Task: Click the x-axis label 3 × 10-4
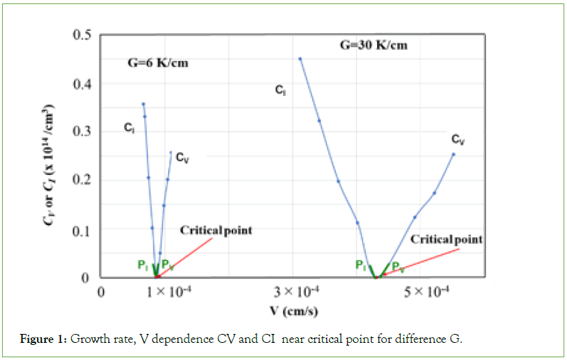click(x=301, y=292)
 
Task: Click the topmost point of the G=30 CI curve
click(x=300, y=59)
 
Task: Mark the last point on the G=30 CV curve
click(x=453, y=154)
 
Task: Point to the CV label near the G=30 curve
click(x=458, y=140)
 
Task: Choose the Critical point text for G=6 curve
click(x=216, y=230)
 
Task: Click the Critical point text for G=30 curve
click(x=446, y=239)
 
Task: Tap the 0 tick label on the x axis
click(x=101, y=292)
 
